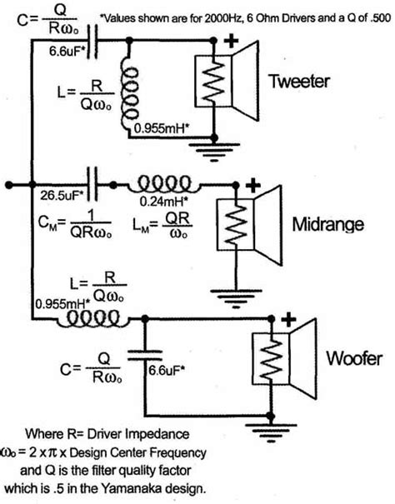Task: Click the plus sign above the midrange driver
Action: coord(254,186)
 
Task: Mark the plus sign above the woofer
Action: coord(290,318)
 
